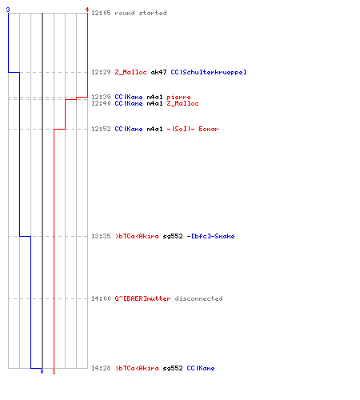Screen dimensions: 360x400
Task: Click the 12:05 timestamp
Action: tap(101, 13)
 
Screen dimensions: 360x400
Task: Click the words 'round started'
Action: tap(141, 13)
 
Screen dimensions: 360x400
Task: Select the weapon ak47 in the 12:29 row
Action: tap(158, 72)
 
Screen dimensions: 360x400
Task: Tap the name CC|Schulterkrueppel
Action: tap(209, 72)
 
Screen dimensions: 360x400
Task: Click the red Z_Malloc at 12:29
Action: tap(130, 72)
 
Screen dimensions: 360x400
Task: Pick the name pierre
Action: tap(178, 97)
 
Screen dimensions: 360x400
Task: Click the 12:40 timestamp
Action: tap(101, 103)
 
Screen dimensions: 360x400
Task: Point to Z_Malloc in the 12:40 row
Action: tap(182, 103)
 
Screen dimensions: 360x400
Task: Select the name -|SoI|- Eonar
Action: tap(193, 129)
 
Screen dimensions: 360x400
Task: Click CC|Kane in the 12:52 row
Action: tap(129, 129)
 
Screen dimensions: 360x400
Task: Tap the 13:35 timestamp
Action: tap(101, 236)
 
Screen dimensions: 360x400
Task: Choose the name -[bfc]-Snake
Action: tap(210, 236)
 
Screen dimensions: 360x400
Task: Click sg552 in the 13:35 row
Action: tap(173, 237)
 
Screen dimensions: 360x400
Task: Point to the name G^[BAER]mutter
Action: tap(142, 298)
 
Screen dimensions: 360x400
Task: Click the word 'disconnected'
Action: tap(198, 298)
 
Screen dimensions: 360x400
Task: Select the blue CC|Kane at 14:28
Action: tap(201, 368)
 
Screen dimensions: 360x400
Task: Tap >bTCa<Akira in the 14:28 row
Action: tap(137, 368)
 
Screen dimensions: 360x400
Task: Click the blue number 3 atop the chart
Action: tap(8, 10)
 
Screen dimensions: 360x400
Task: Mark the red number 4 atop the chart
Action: tap(87, 10)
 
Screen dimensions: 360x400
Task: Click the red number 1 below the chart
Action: tap(54, 371)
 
